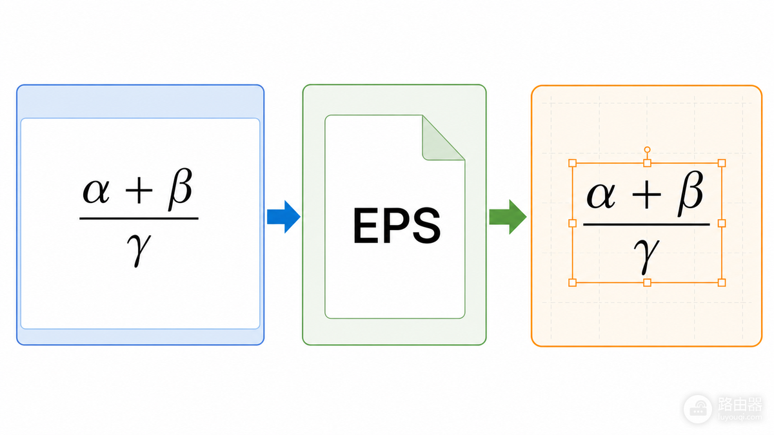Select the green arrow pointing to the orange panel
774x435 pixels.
[x=508, y=217]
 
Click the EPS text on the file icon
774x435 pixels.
[x=397, y=226]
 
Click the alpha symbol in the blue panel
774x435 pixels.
[x=96, y=191]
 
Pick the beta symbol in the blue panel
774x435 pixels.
[x=180, y=189]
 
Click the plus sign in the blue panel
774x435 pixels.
[x=139, y=191]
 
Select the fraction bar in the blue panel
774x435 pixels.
[x=139, y=218]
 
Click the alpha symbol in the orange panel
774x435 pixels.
[x=601, y=195]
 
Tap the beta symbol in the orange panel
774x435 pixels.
[x=690, y=193]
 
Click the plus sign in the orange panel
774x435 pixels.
[x=646, y=195]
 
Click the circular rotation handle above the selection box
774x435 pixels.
[x=647, y=150]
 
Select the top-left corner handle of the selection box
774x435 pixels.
[x=573, y=163]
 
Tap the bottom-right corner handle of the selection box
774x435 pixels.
[x=722, y=283]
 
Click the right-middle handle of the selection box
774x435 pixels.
[x=722, y=224]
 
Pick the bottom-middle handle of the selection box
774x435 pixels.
[x=647, y=283]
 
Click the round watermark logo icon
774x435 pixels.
[x=698, y=409]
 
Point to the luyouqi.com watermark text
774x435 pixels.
[x=740, y=418]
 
